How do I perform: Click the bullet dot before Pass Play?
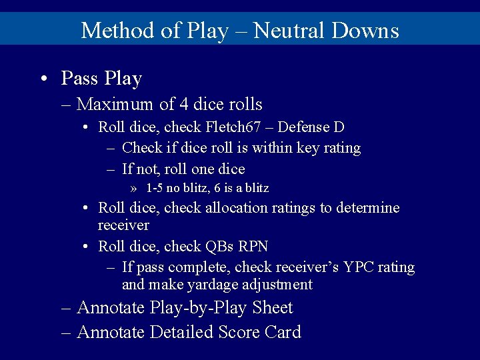point(43,79)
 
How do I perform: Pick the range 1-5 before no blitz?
point(155,188)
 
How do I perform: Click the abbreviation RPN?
point(253,247)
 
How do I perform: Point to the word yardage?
point(207,285)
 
